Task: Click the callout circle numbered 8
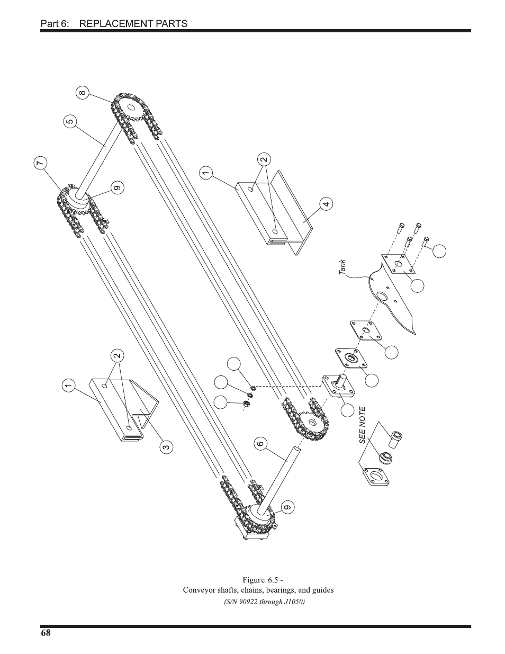pos(82,94)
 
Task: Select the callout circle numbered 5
pos(70,121)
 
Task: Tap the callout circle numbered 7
pos(40,164)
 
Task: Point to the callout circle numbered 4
pos(327,203)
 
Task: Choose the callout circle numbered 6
pos(259,443)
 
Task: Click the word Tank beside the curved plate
pos(342,267)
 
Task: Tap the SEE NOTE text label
pos(362,425)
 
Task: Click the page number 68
pos(45,633)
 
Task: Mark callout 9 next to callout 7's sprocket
pos(117,187)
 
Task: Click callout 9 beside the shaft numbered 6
pos(287,507)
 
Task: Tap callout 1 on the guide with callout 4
pos(206,172)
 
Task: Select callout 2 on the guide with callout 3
pos(117,355)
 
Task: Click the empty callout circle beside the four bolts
pos(439,251)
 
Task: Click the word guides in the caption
pos(322,590)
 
